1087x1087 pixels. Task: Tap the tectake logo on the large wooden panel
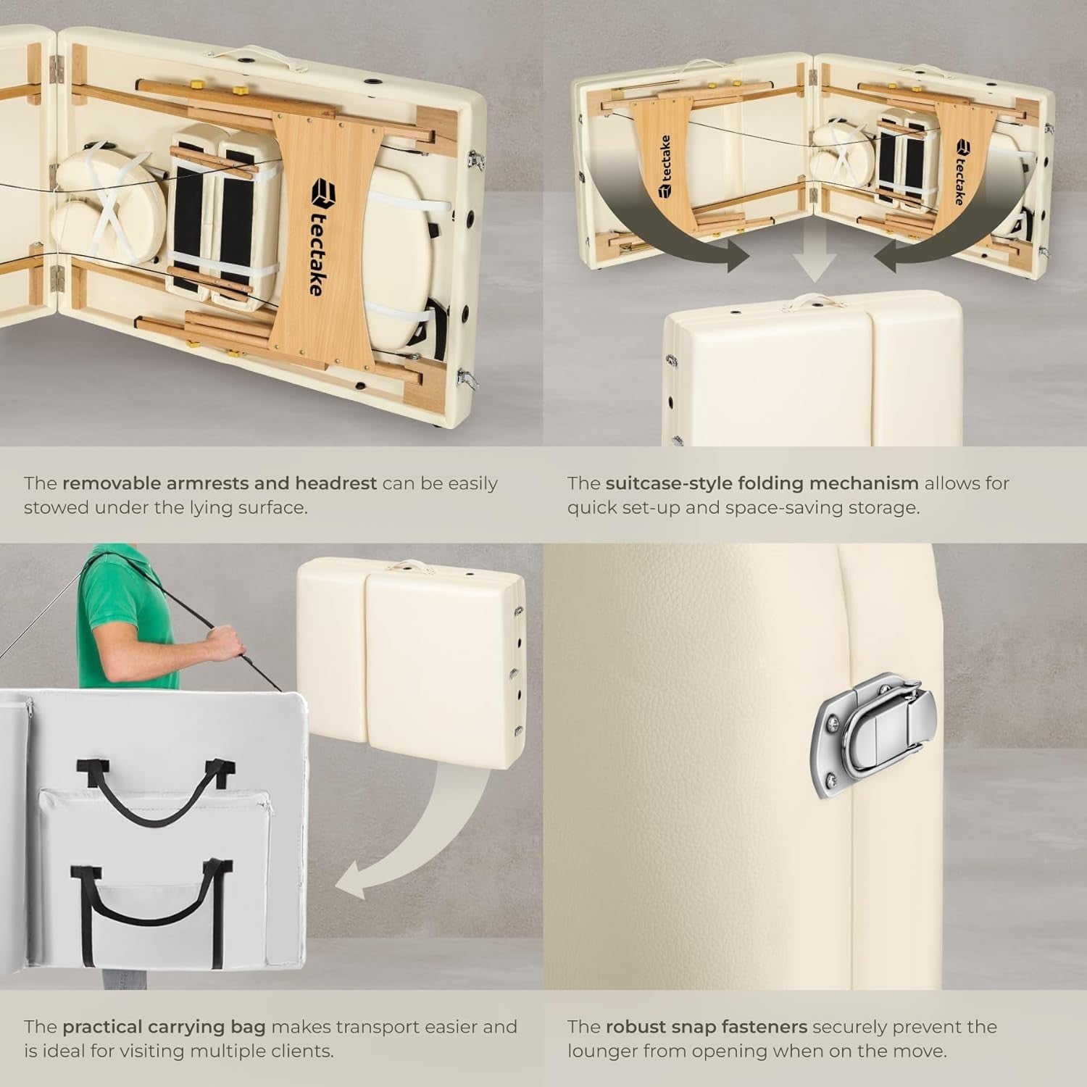coord(320,238)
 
